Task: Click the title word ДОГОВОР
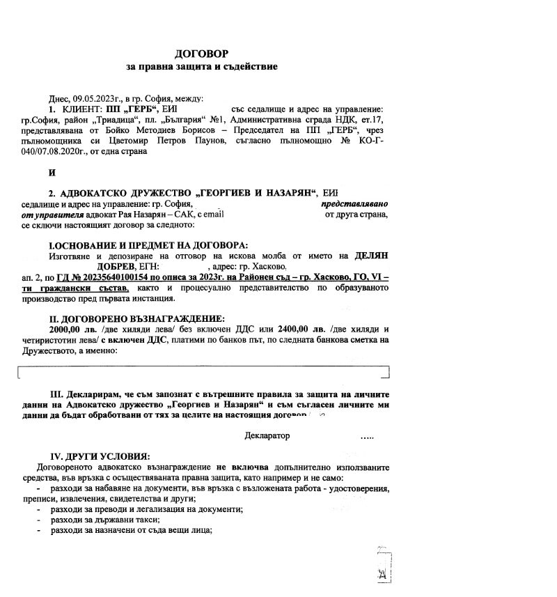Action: [201, 53]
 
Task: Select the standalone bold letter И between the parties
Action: [52, 172]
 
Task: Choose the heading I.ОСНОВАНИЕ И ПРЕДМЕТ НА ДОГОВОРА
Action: [148, 245]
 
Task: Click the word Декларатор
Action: [267, 435]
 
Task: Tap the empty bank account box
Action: [202, 371]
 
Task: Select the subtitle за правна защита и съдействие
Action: [202, 67]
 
